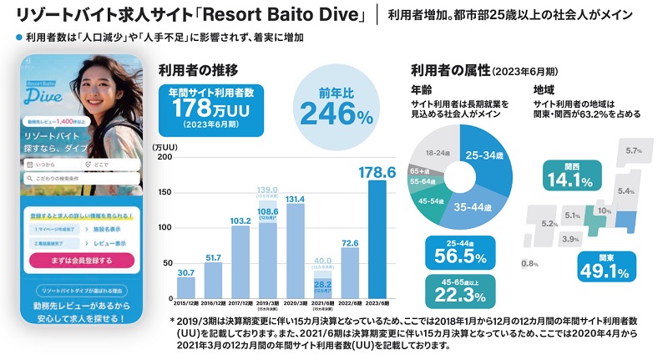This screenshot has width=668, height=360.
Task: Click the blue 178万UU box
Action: [x=205, y=108]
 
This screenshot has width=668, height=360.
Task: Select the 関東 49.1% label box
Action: [x=603, y=266]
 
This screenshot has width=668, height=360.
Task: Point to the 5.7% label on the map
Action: [x=632, y=151]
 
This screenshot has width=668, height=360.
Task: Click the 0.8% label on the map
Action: [x=529, y=264]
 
